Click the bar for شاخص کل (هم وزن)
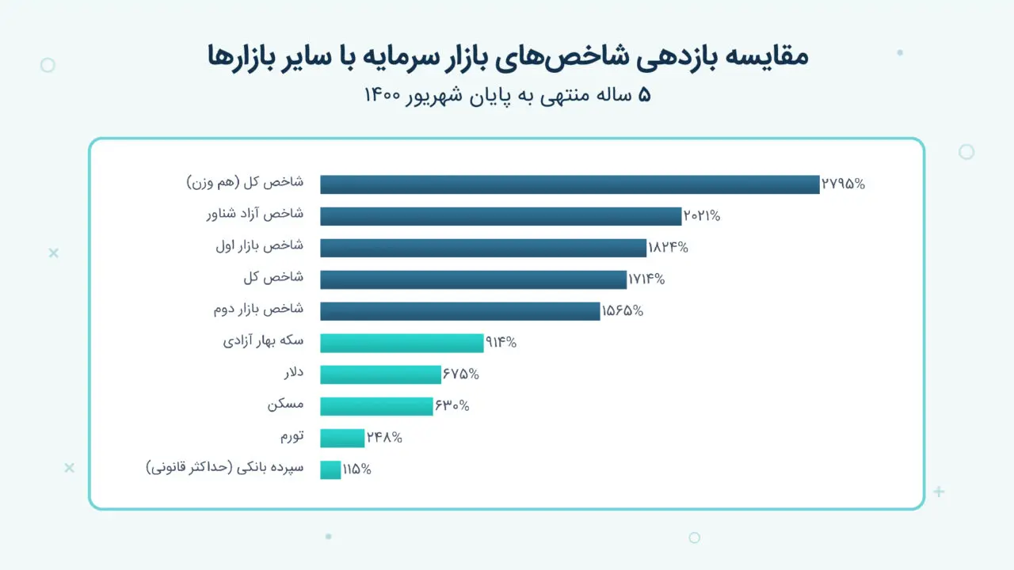569,184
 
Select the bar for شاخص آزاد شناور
501,216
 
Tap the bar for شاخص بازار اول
483,248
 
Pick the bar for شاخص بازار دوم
459,311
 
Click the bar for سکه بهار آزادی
402,343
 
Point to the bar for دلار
380,374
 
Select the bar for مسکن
376,406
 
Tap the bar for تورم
342,438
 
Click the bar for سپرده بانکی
330,469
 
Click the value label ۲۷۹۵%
844,184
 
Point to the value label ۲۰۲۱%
702,216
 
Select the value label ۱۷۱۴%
646,279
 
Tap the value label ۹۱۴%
501,343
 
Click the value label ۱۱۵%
356,469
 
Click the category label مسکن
286,405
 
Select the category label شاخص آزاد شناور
254,215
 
